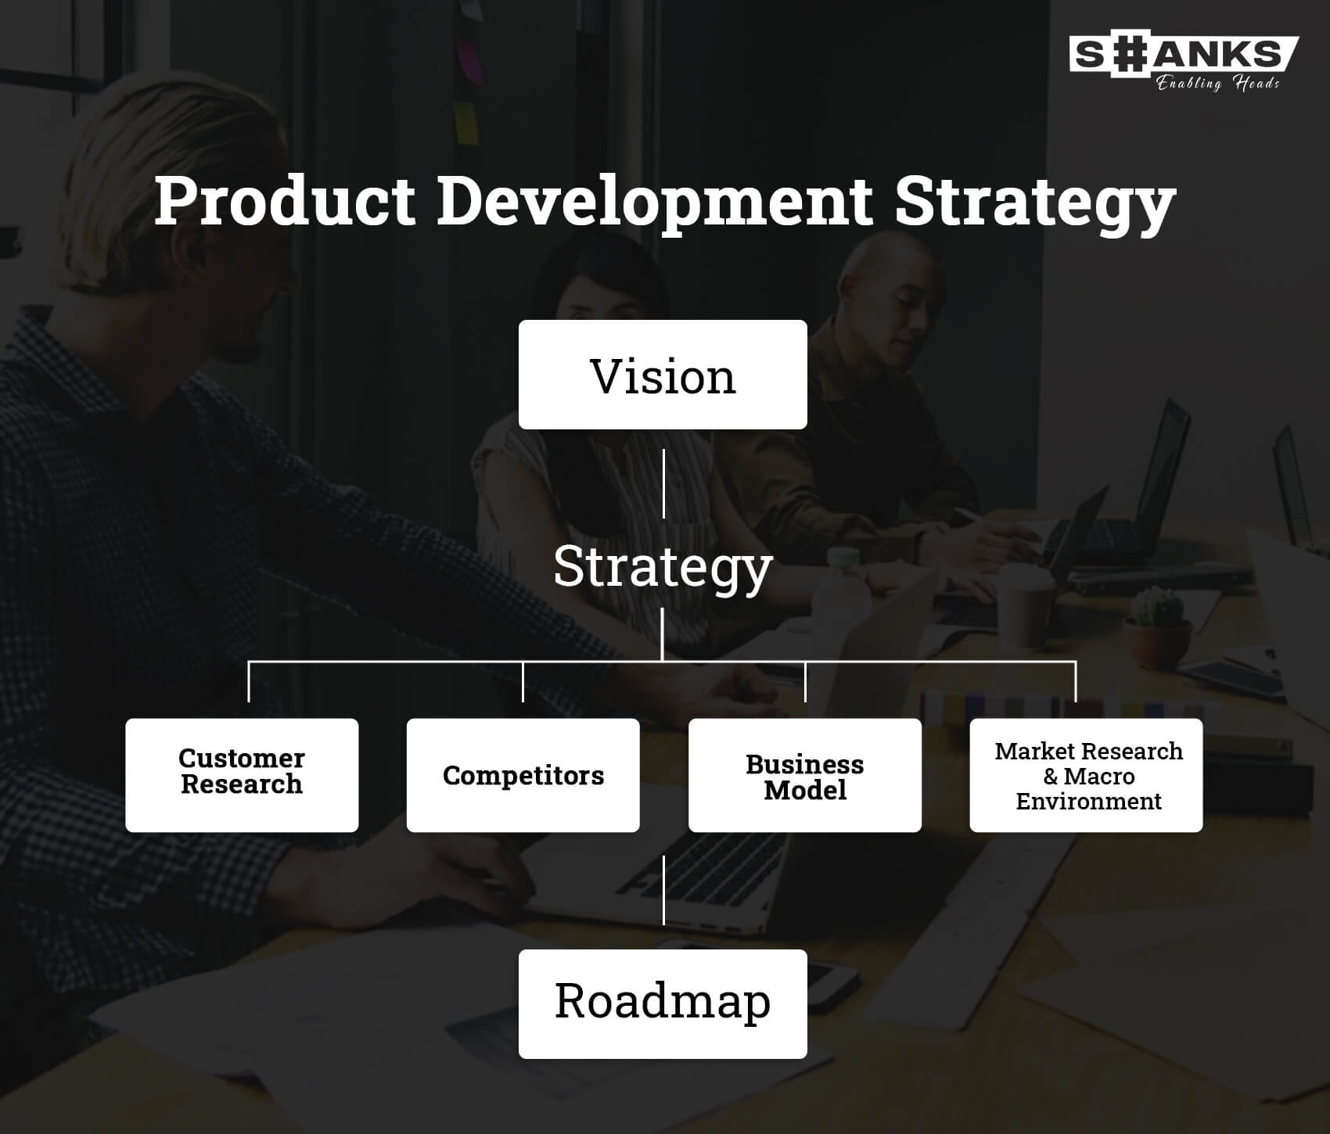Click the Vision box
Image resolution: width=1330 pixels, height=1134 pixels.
pyautogui.click(x=663, y=375)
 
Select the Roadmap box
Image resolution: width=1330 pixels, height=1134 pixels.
pyautogui.click(x=663, y=1004)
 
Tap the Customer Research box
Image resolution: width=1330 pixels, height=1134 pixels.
pyautogui.click(x=242, y=775)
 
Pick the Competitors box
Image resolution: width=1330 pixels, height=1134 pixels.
pyautogui.click(x=523, y=775)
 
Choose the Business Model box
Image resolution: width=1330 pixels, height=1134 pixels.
pyautogui.click(x=805, y=775)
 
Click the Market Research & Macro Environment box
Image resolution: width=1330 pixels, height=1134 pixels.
pyautogui.click(x=1086, y=775)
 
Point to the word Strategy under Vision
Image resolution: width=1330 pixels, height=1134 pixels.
pyautogui.click(x=663, y=568)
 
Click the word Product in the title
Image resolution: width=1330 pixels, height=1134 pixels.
pyautogui.click(x=285, y=201)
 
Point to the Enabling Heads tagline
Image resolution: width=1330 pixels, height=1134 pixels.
pyautogui.click(x=1218, y=83)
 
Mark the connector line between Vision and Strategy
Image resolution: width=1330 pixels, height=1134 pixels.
pyautogui.click(x=663, y=483)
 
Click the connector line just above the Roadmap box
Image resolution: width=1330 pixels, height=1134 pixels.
pyautogui.click(x=663, y=890)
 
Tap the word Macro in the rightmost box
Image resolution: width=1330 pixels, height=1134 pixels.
pyautogui.click(x=1098, y=777)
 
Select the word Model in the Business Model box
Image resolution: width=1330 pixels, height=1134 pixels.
pyautogui.click(x=805, y=790)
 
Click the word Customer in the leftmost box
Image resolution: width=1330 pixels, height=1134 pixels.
pyautogui.click(x=242, y=758)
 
